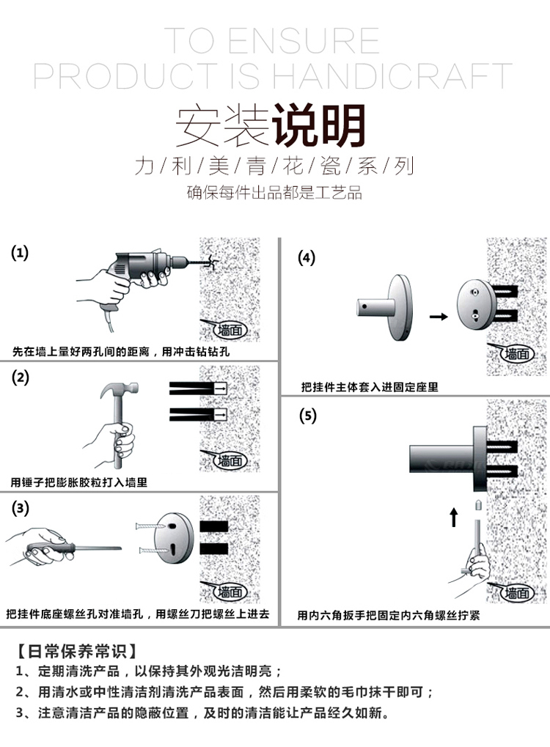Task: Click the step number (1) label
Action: point(20,254)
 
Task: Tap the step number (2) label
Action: point(20,378)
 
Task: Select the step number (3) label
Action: point(20,507)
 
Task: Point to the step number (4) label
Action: point(307,257)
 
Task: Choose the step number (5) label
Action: point(307,416)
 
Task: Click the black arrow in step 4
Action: point(438,317)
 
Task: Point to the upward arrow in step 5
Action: point(453,518)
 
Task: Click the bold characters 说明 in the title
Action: point(318,126)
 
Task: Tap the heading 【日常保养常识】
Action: point(76,650)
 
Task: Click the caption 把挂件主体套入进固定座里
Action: point(370,387)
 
